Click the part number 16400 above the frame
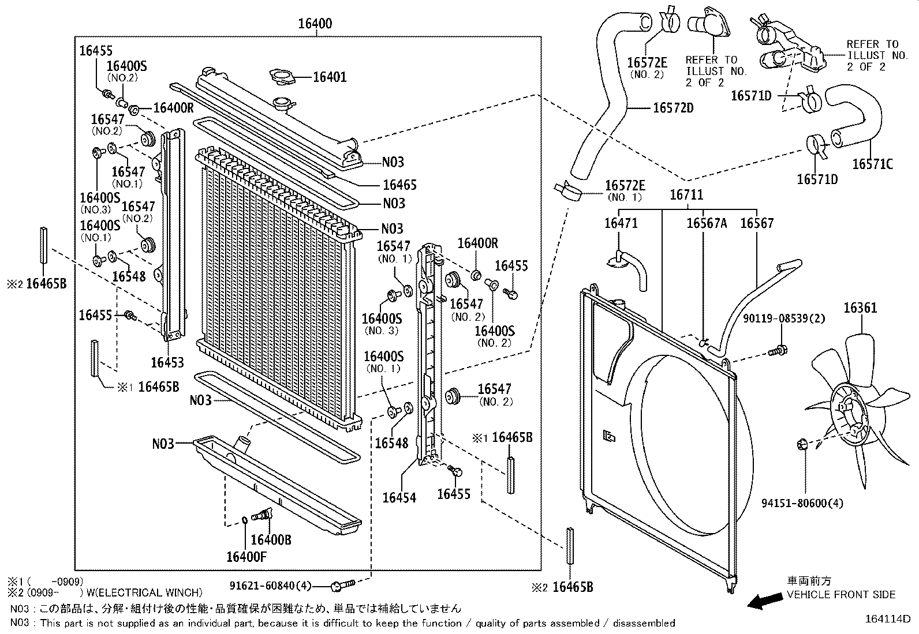[315, 24]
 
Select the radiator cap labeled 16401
[283, 77]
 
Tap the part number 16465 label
[399, 185]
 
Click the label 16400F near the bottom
[246, 557]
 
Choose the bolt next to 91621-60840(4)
[342, 585]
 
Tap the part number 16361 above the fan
[860, 307]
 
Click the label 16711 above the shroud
[686, 194]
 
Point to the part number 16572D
[673, 108]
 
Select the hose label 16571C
[873, 164]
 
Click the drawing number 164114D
[888, 619]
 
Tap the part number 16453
[167, 362]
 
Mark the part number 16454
[399, 497]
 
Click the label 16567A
[707, 223]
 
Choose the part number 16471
[621, 223]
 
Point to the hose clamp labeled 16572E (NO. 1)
[567, 192]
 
